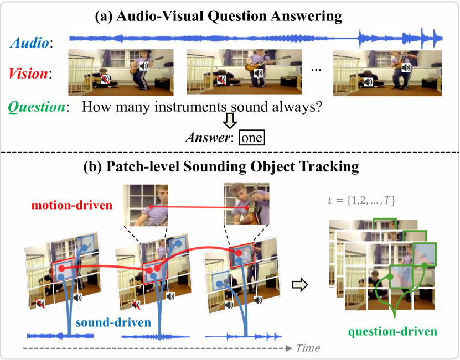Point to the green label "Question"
click(37, 107)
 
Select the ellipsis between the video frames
click(316, 70)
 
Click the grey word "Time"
click(307, 348)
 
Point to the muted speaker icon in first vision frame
click(105, 81)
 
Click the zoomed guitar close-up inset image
click(246, 205)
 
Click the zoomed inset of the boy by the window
click(147, 205)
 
